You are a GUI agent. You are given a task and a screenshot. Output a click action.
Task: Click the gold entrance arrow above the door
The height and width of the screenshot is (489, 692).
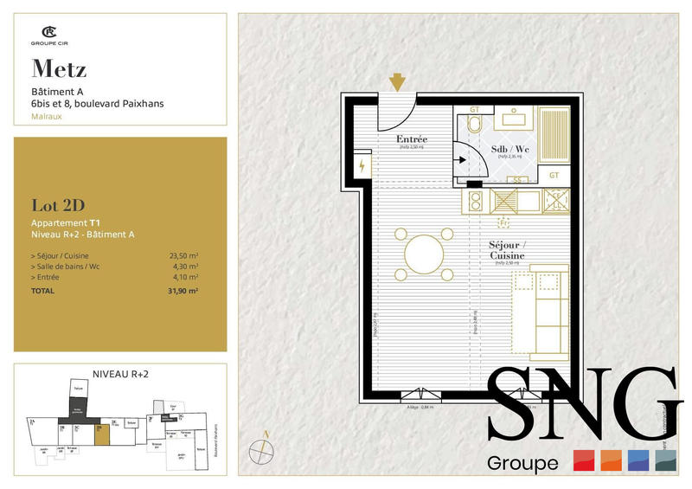pos(397,82)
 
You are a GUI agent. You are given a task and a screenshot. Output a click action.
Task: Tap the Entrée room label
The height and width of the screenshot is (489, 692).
pos(411,139)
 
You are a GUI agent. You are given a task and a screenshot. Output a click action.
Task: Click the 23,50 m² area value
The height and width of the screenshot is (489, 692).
pos(186,255)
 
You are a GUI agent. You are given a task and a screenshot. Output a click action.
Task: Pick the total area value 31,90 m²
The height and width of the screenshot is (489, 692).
pos(186,291)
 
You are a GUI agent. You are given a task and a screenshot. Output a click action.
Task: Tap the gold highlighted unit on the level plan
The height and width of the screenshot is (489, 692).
pos(103,433)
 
